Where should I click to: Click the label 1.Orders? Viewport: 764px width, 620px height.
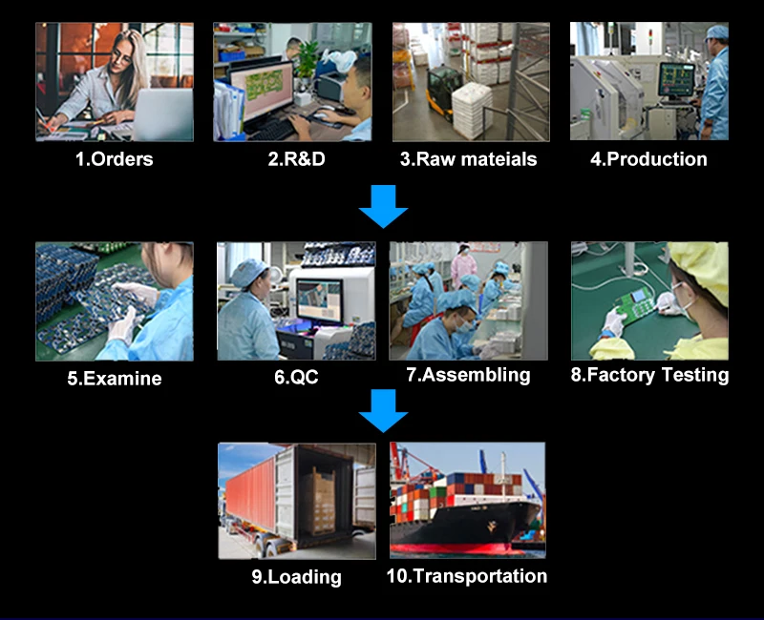114,159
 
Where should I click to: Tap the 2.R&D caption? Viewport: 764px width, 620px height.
296,159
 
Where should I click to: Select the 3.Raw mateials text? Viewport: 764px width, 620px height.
468,159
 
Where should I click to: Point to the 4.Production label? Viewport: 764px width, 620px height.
648,159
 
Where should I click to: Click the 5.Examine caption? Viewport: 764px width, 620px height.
114,379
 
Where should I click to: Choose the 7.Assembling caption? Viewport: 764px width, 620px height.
468,375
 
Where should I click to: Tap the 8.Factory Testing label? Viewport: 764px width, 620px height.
649,375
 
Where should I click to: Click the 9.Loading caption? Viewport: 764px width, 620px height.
296,576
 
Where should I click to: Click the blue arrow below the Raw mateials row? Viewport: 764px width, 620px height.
383,206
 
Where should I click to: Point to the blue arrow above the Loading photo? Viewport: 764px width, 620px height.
383,410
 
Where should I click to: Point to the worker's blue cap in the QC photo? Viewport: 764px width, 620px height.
249,272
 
